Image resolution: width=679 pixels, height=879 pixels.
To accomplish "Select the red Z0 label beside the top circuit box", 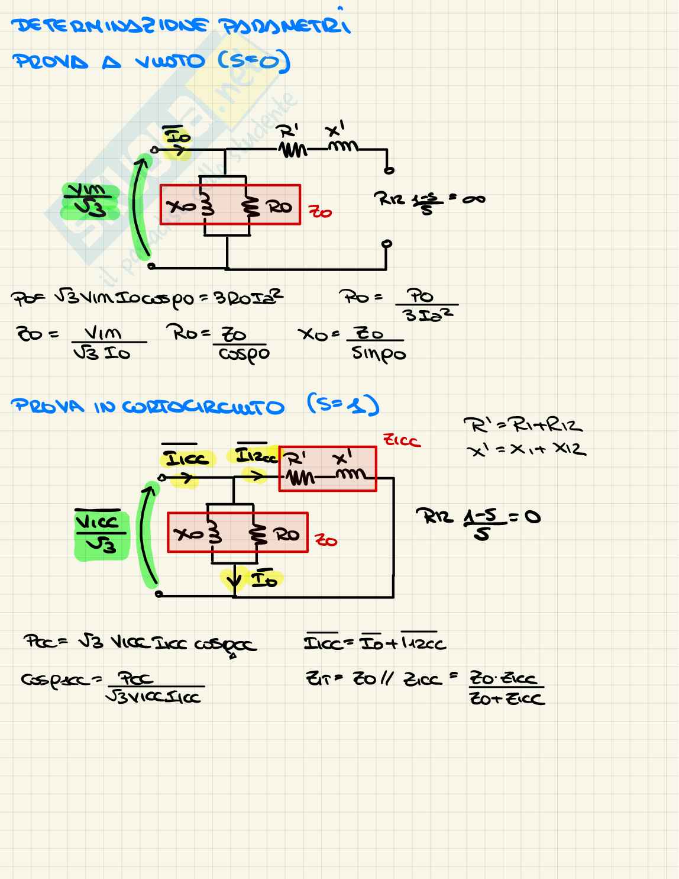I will pos(320,211).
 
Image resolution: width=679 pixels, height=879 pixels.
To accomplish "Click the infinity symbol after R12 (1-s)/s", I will pos(473,199).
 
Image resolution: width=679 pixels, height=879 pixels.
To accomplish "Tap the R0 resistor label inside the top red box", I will pos(279,207).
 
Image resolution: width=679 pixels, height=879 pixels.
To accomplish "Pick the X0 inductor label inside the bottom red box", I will pos(189,534).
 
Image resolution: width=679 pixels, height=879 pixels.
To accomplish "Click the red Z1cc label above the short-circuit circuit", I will pos(402,440).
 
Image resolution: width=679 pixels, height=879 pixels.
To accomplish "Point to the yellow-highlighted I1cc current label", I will pos(186,459).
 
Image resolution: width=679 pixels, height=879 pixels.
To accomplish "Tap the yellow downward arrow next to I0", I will pos(235,579).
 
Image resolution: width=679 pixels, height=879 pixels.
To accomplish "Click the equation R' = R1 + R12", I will pos(523,426).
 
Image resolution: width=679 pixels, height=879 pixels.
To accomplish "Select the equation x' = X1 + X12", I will pos(526,450).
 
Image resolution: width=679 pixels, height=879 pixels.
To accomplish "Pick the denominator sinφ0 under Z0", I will pos(379,354).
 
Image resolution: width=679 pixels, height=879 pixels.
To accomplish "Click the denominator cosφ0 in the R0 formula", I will pos(244,354).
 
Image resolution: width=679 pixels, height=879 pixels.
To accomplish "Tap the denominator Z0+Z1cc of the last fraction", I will pos(507,699).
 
